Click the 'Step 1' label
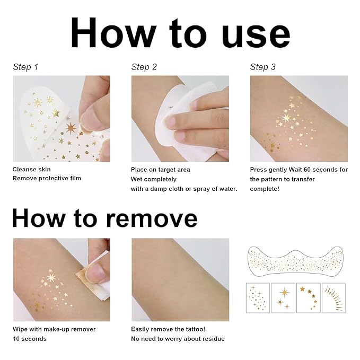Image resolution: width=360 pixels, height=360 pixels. [25, 67]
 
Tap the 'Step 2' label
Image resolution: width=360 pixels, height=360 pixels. [144, 67]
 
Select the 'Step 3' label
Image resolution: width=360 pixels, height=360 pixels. [263, 67]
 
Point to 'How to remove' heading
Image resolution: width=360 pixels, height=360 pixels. [104, 217]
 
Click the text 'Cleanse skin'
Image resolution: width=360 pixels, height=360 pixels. [32, 170]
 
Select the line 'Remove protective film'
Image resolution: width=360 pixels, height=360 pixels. [47, 178]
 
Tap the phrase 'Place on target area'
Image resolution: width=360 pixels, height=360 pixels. [160, 170]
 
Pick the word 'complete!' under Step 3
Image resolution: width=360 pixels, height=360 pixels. [265, 188]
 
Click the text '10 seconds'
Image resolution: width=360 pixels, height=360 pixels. [30, 339]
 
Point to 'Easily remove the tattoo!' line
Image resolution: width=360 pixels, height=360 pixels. [169, 329]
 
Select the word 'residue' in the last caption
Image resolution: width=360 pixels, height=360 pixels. [213, 339]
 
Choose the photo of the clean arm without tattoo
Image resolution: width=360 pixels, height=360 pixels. [180, 279]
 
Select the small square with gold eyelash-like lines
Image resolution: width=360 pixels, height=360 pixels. [333, 297]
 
